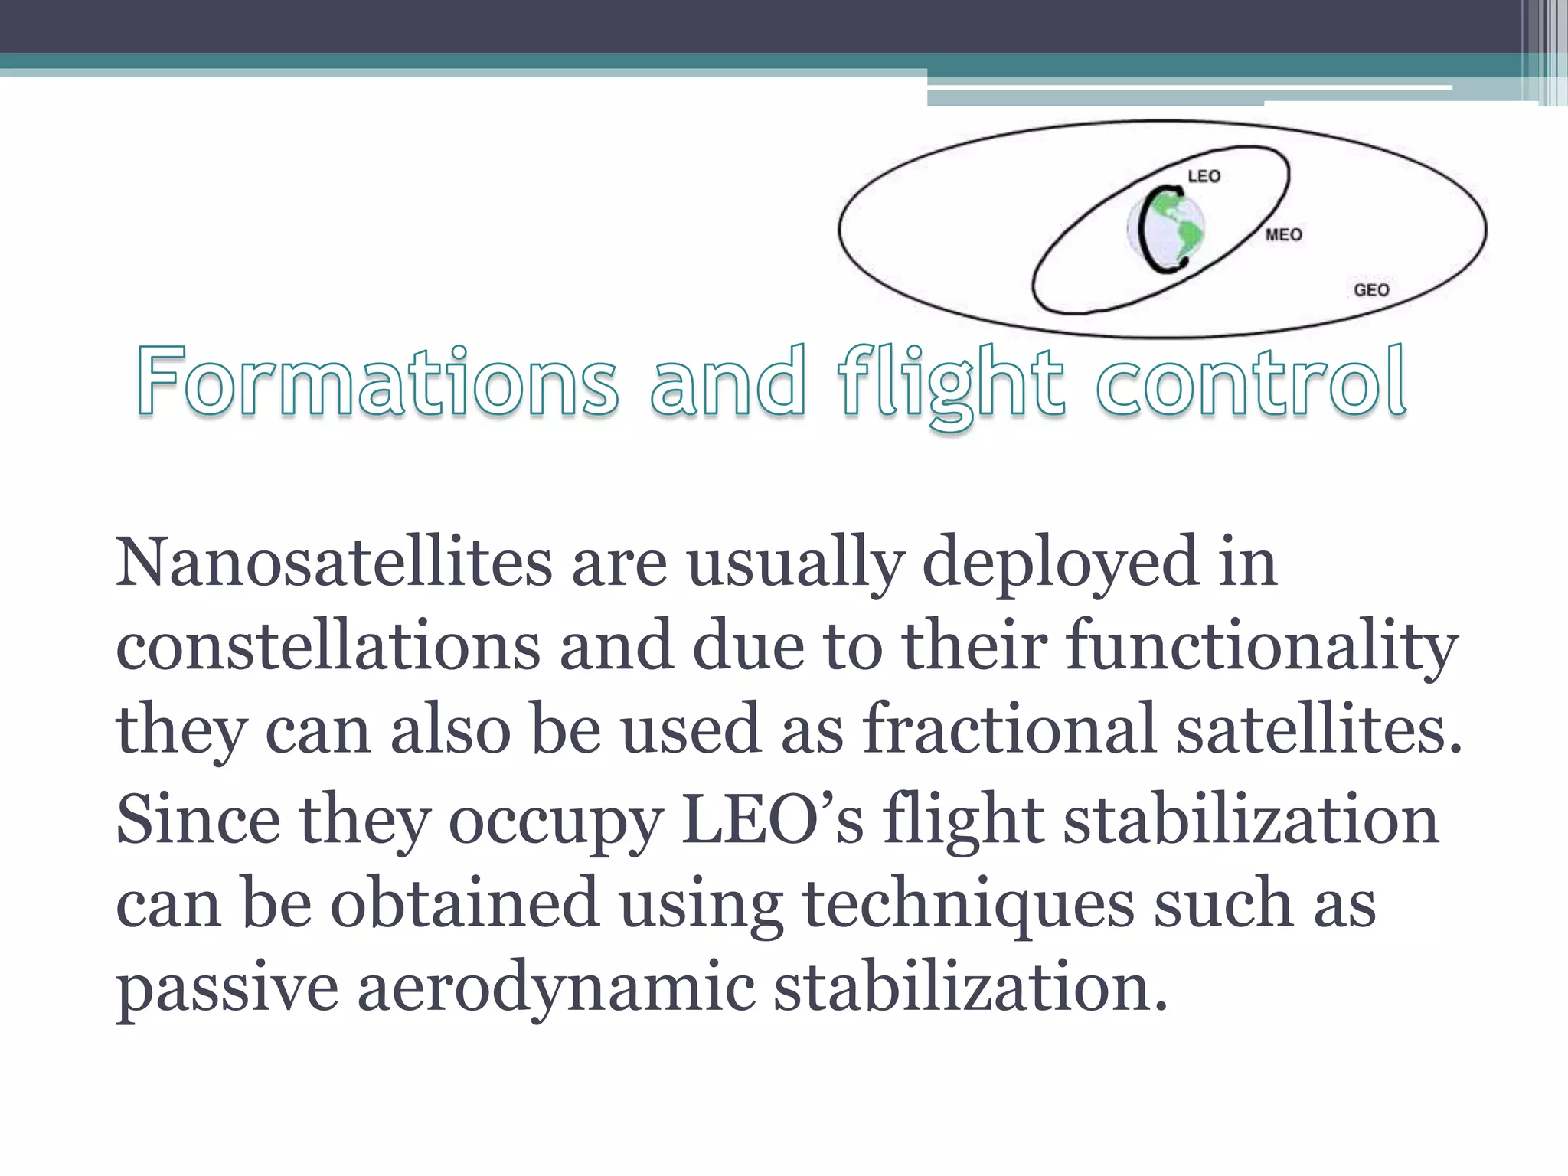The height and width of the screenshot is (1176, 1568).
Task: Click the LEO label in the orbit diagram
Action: coord(1204,176)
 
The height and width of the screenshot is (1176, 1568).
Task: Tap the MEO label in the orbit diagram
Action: coord(1283,234)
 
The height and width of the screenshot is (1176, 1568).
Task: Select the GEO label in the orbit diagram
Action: coord(1371,289)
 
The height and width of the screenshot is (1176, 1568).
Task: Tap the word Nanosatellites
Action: coord(334,562)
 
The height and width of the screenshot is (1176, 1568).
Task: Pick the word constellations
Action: coord(328,646)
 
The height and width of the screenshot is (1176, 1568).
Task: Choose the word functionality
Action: coord(1263,648)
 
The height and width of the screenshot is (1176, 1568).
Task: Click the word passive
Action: coord(227,988)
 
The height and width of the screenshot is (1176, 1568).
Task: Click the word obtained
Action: coord(464,903)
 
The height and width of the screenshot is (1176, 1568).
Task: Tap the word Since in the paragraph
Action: coord(198,819)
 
